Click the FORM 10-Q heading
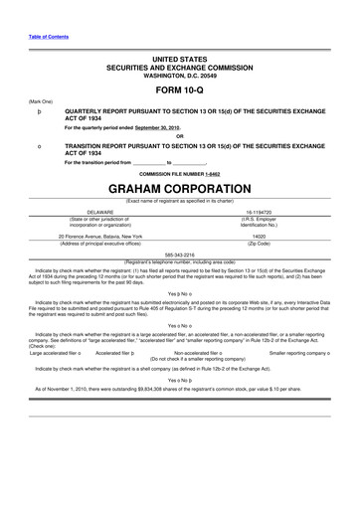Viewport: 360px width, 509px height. (179, 88)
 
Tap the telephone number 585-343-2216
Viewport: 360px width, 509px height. (180, 253)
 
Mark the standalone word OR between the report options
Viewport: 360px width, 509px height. (179, 137)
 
